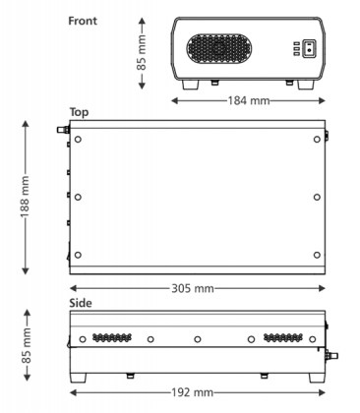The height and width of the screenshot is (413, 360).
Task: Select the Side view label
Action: [x=82, y=303]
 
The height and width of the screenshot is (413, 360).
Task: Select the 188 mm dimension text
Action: [x=25, y=198]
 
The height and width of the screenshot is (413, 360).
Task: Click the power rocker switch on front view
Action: [x=310, y=48]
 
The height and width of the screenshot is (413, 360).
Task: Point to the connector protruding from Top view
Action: [x=58, y=128]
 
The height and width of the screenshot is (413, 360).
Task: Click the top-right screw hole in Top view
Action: [x=315, y=140]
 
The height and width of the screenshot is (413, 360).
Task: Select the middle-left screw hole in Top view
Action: [x=79, y=198]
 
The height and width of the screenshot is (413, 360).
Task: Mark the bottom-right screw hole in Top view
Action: [x=315, y=256]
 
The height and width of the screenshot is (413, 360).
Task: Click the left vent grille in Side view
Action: [x=111, y=337]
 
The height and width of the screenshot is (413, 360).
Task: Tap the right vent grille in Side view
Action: [x=283, y=337]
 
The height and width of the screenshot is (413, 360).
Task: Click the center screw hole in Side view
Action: [x=198, y=339]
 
